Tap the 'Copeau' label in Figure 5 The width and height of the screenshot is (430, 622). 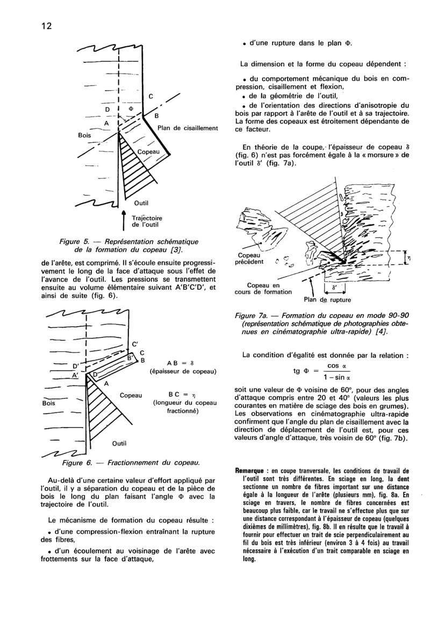[x=148, y=153]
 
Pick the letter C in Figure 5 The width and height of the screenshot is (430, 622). [x=151, y=97]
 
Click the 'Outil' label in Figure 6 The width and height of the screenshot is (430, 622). [x=119, y=444]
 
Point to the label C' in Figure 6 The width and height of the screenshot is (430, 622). [x=134, y=344]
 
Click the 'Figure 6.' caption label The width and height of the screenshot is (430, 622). [x=78, y=462]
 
